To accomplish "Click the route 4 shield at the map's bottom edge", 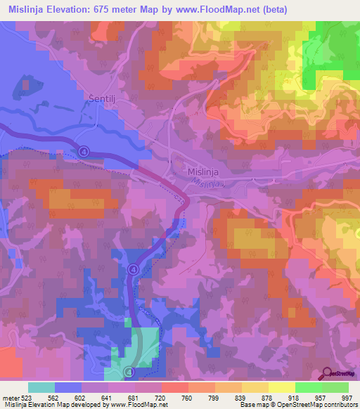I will (x=128, y=370).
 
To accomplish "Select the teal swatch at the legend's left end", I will (x=41, y=387).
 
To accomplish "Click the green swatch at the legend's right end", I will (x=335, y=387).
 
